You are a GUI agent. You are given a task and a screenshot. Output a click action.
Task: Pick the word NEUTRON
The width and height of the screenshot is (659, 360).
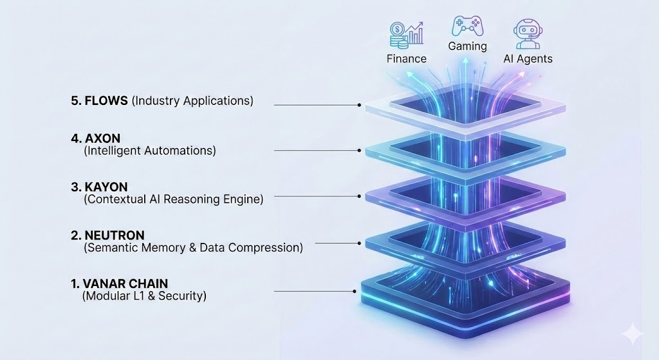coord(114,235)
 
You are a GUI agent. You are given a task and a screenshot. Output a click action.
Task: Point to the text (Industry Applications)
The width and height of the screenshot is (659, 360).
coord(192,101)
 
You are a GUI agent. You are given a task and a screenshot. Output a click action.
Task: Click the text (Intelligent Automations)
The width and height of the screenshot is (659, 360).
coord(150,151)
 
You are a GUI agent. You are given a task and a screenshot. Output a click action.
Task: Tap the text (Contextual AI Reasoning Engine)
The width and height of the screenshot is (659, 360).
coord(173,199)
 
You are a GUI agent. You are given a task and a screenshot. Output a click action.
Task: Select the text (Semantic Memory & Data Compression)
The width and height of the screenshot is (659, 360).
coord(193,247)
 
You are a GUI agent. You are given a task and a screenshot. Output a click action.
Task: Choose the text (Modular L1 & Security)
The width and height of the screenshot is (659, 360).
coord(144,296)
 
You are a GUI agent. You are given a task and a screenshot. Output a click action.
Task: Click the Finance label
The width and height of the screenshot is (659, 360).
coord(406,59)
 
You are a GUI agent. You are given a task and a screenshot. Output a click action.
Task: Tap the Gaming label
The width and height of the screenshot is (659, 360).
coord(467,46)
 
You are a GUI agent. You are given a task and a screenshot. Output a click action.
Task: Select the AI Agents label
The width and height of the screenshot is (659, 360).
coord(528,59)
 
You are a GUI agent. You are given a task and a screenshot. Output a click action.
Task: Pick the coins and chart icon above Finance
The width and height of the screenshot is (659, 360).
coord(406,34)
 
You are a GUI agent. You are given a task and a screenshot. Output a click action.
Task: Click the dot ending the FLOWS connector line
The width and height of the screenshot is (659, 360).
coord(359,104)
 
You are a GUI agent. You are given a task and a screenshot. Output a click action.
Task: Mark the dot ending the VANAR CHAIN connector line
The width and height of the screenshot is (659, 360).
coord(354,291)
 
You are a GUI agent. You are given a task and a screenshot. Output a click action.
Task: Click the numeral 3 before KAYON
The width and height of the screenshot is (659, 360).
coord(74,187)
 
